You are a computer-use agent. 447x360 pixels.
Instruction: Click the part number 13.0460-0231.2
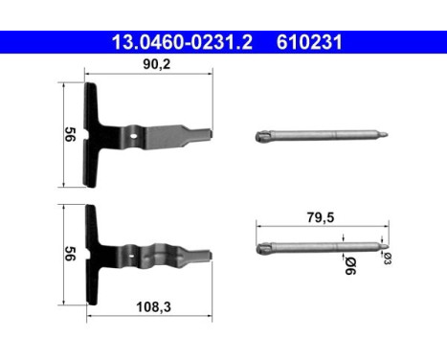click(183, 43)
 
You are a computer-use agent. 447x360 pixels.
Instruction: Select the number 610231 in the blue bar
click(310, 43)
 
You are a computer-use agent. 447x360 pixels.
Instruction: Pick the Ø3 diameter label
click(388, 259)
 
